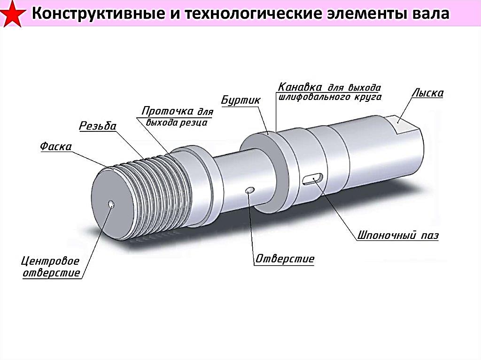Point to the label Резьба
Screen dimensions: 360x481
click(x=97, y=126)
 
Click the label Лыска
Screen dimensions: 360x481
click(x=427, y=93)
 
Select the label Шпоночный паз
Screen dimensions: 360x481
click(x=398, y=235)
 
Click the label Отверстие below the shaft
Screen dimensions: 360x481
click(x=285, y=259)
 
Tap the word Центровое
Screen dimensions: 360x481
click(x=51, y=261)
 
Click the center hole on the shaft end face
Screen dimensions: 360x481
click(x=111, y=204)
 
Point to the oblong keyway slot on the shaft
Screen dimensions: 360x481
click(x=312, y=179)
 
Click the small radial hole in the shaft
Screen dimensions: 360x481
click(x=250, y=190)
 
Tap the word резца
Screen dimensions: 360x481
click(x=194, y=123)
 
